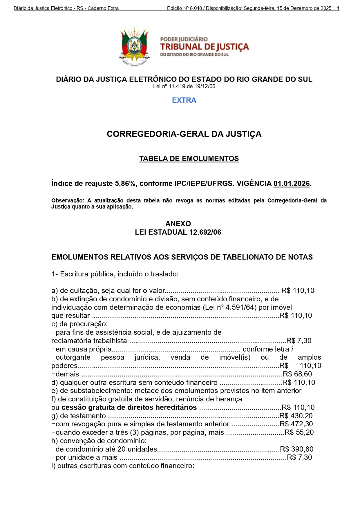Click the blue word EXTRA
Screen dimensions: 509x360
(x=184, y=100)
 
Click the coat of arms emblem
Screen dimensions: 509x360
(x=134, y=46)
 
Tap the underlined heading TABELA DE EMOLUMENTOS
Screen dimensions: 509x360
(x=189, y=159)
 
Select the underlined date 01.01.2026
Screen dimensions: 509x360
(x=292, y=184)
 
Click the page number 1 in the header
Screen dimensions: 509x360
(x=338, y=8)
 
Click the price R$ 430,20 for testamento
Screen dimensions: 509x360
(x=296, y=416)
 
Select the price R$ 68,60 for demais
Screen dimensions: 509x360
(x=297, y=374)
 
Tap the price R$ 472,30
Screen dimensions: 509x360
(x=296, y=424)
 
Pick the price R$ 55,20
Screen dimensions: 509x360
(x=299, y=432)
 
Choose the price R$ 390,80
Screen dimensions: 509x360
(x=296, y=449)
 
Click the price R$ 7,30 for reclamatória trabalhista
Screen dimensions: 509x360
(x=299, y=340)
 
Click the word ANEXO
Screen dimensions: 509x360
(x=178, y=224)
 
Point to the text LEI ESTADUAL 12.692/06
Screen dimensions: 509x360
(x=178, y=232)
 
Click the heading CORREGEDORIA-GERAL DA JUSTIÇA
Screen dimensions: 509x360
(x=184, y=134)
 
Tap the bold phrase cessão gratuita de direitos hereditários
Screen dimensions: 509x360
(x=129, y=407)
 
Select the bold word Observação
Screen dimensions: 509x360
(x=67, y=200)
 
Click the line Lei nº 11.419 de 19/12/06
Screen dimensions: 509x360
(x=184, y=86)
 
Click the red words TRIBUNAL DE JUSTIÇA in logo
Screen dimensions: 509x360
(x=205, y=47)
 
